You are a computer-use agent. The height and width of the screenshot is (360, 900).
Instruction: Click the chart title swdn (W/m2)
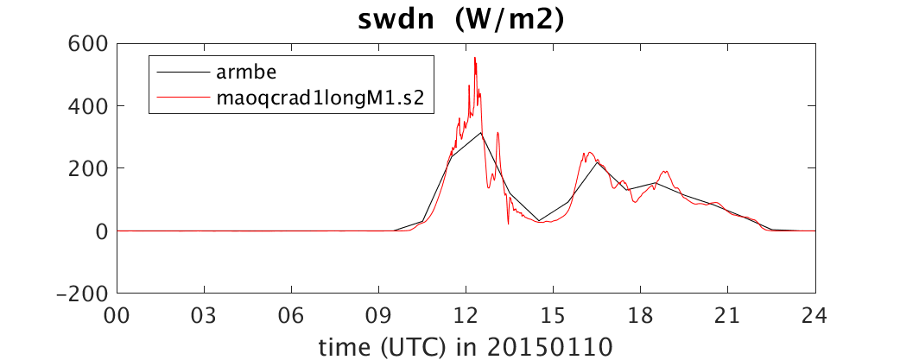pos(462,21)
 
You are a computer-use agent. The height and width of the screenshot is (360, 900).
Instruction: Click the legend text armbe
pos(247,73)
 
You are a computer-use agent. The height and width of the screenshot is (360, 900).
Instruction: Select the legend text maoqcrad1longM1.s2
pos(320,98)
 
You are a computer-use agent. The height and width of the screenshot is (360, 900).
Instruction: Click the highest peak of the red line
pos(475,57)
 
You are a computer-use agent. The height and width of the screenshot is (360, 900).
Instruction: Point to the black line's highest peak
pos(480,132)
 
